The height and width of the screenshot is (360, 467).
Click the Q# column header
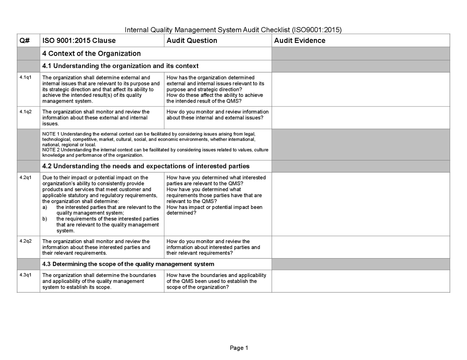point(24,40)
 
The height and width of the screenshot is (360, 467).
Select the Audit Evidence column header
point(299,40)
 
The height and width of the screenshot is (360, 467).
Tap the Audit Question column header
point(192,40)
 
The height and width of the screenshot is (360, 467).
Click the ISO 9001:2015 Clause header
point(79,40)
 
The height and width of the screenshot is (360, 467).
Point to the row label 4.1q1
point(25,77)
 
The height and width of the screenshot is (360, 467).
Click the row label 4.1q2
point(25,111)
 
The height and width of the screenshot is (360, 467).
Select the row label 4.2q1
point(25,177)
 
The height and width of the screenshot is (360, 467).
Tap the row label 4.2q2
point(25,241)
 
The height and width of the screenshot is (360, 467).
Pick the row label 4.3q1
point(25,275)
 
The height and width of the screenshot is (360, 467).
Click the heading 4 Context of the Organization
point(91,54)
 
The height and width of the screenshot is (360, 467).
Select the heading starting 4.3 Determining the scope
point(128,264)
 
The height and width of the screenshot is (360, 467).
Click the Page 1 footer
point(239,348)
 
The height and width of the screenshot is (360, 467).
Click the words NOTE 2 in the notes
point(51,150)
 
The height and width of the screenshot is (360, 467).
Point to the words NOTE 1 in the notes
point(51,134)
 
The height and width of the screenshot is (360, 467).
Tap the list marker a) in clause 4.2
point(45,207)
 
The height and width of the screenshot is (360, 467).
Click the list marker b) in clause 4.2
point(45,219)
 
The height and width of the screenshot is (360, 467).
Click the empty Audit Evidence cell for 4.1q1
point(360,89)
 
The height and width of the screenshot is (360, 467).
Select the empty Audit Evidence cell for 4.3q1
point(360,281)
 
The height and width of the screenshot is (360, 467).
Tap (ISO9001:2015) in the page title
point(317,30)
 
